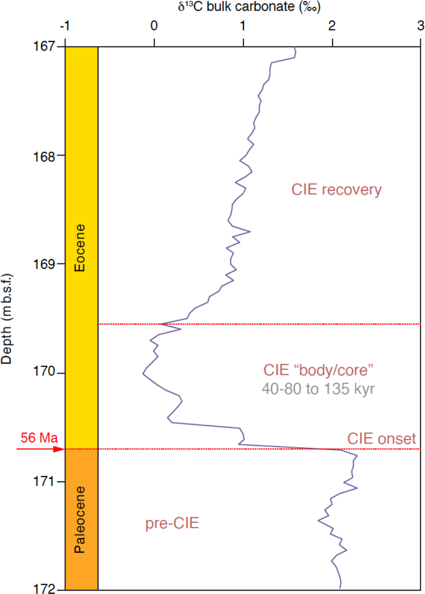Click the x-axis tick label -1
[65, 26]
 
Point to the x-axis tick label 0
[154, 26]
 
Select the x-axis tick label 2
[332, 26]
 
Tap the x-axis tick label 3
[420, 26]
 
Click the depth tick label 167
[44, 46]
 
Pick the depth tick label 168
[44, 157]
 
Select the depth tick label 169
[44, 264]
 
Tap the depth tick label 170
[44, 372]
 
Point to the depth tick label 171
[44, 481]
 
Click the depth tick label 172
[44, 589]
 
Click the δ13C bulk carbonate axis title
[249, 7]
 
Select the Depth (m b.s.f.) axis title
[7, 319]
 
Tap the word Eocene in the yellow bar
[80, 248]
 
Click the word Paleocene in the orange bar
[80, 520]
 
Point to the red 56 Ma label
[39, 437]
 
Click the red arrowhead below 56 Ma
[59, 449]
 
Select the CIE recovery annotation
[336, 190]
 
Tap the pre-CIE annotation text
[172, 523]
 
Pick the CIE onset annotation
[381, 439]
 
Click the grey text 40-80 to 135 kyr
[318, 388]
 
